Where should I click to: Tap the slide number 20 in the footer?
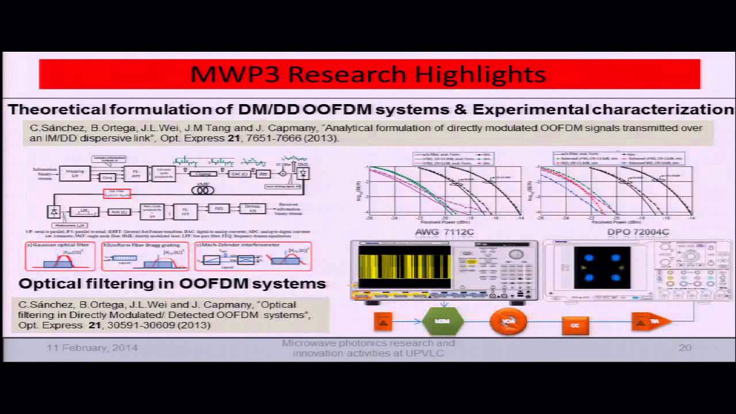[x=684, y=347]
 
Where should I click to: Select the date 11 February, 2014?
[x=92, y=348]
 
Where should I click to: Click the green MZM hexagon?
[x=443, y=321]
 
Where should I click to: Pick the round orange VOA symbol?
[x=508, y=321]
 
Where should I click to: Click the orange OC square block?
[x=574, y=325]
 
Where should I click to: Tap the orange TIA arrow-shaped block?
[x=650, y=321]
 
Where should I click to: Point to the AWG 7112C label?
[x=444, y=232]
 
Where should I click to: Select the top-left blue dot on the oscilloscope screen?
[x=589, y=258]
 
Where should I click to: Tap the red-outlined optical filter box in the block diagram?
[x=117, y=194]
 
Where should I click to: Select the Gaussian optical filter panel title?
[x=59, y=245]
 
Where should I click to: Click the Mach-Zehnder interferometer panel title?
[x=246, y=245]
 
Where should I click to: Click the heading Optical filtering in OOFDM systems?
[x=172, y=283]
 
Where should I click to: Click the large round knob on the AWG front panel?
[x=516, y=254]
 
